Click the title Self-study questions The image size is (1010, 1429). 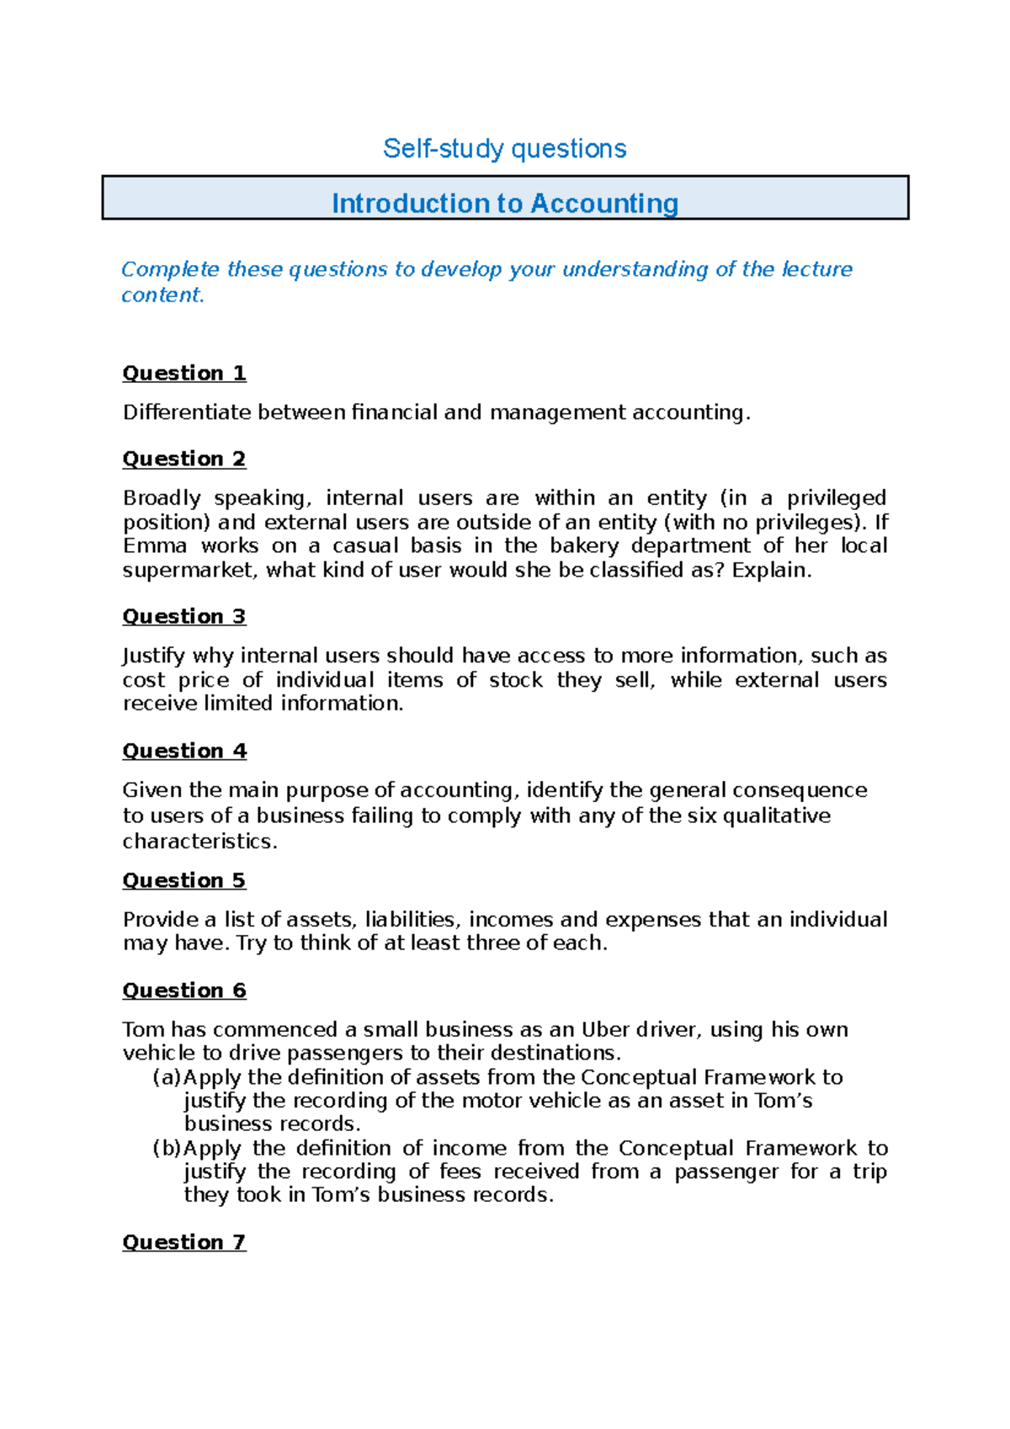point(504,149)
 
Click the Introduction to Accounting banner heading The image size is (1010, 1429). point(504,203)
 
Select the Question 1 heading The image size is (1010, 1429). point(184,373)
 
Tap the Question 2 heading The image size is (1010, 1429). point(184,459)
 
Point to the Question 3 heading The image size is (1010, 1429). point(184,616)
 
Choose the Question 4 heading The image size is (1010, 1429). point(184,751)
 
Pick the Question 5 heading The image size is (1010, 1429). point(184,880)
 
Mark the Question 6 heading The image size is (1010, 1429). point(184,991)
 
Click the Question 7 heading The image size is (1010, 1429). point(184,1242)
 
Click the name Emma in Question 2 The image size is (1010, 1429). point(154,545)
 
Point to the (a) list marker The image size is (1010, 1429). point(167,1077)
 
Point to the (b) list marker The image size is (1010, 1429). point(167,1148)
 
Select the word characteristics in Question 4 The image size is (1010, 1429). point(199,842)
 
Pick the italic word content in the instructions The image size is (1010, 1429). point(162,295)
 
